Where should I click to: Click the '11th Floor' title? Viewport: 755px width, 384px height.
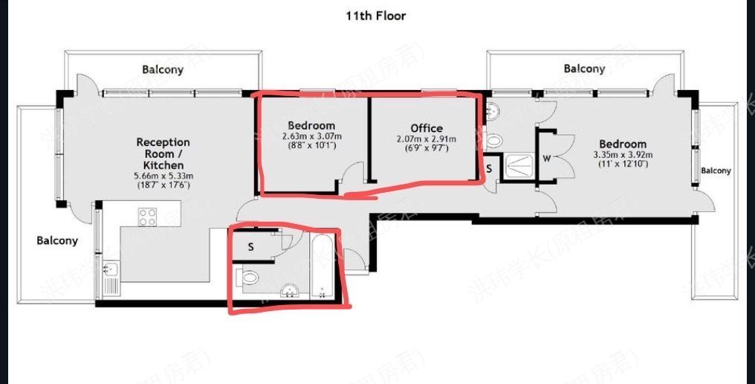click(376, 16)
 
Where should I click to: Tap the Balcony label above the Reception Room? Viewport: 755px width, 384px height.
click(163, 70)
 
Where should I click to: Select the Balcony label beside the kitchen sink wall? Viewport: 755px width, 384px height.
click(57, 240)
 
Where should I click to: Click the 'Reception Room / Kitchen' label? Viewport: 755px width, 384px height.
click(163, 153)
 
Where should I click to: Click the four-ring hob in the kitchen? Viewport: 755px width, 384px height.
click(148, 217)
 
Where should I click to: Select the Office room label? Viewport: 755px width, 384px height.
click(426, 128)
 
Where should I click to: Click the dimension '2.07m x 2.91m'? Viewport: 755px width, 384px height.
click(426, 138)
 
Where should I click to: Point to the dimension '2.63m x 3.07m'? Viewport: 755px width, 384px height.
click(311, 137)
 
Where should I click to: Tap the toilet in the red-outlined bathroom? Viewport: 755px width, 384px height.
click(248, 279)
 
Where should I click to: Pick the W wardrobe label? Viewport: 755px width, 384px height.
click(546, 159)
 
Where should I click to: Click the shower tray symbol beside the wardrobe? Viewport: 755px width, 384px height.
click(519, 167)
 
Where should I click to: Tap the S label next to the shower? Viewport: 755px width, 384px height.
click(489, 168)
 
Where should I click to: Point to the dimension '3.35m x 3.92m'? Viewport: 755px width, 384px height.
click(623, 155)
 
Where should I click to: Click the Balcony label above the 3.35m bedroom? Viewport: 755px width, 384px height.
click(584, 69)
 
